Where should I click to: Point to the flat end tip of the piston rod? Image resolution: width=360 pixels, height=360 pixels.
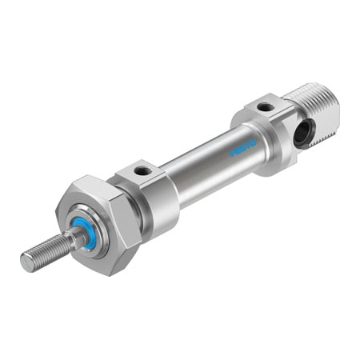25,261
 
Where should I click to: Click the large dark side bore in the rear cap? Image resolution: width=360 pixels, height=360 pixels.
302,134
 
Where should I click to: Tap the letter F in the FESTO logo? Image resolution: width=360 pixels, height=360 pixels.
233,152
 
